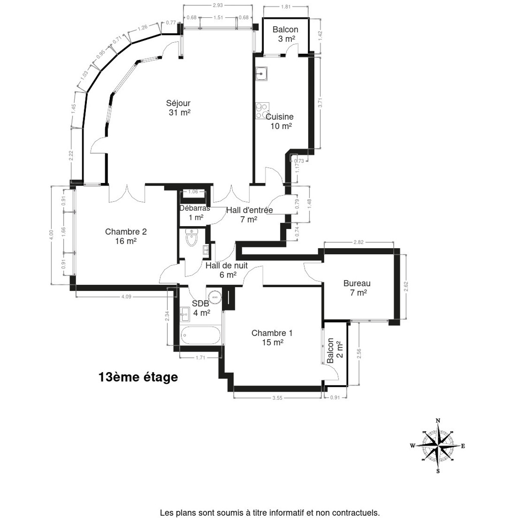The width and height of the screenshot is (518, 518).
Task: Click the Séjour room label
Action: click(x=178, y=108)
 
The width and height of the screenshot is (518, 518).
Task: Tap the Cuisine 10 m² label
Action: click(x=280, y=121)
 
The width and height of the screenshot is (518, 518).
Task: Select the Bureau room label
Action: click(x=357, y=287)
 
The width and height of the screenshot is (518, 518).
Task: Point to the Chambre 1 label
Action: click(x=272, y=338)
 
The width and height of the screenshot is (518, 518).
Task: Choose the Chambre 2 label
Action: click(x=126, y=236)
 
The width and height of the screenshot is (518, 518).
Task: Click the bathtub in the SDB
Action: click(x=201, y=335)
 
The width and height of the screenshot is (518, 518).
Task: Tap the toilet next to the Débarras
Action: click(x=192, y=237)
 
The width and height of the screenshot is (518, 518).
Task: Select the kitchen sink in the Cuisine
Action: click(x=261, y=73)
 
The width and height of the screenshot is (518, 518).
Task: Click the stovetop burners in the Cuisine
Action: click(x=262, y=111)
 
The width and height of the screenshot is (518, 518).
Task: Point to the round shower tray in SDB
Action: click(x=215, y=297)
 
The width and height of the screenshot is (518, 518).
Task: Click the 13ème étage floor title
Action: click(x=138, y=377)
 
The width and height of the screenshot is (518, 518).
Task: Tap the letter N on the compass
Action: click(x=438, y=421)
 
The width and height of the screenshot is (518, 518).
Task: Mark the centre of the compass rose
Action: click(x=438, y=446)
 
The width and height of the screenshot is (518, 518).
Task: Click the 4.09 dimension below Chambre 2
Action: click(x=126, y=297)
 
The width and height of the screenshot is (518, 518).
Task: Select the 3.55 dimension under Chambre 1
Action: click(x=277, y=398)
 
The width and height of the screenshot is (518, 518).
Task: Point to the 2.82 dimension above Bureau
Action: click(x=359, y=242)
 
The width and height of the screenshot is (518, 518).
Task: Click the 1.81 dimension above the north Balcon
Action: click(x=286, y=7)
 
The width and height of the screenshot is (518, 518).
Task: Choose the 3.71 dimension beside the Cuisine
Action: click(x=320, y=102)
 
